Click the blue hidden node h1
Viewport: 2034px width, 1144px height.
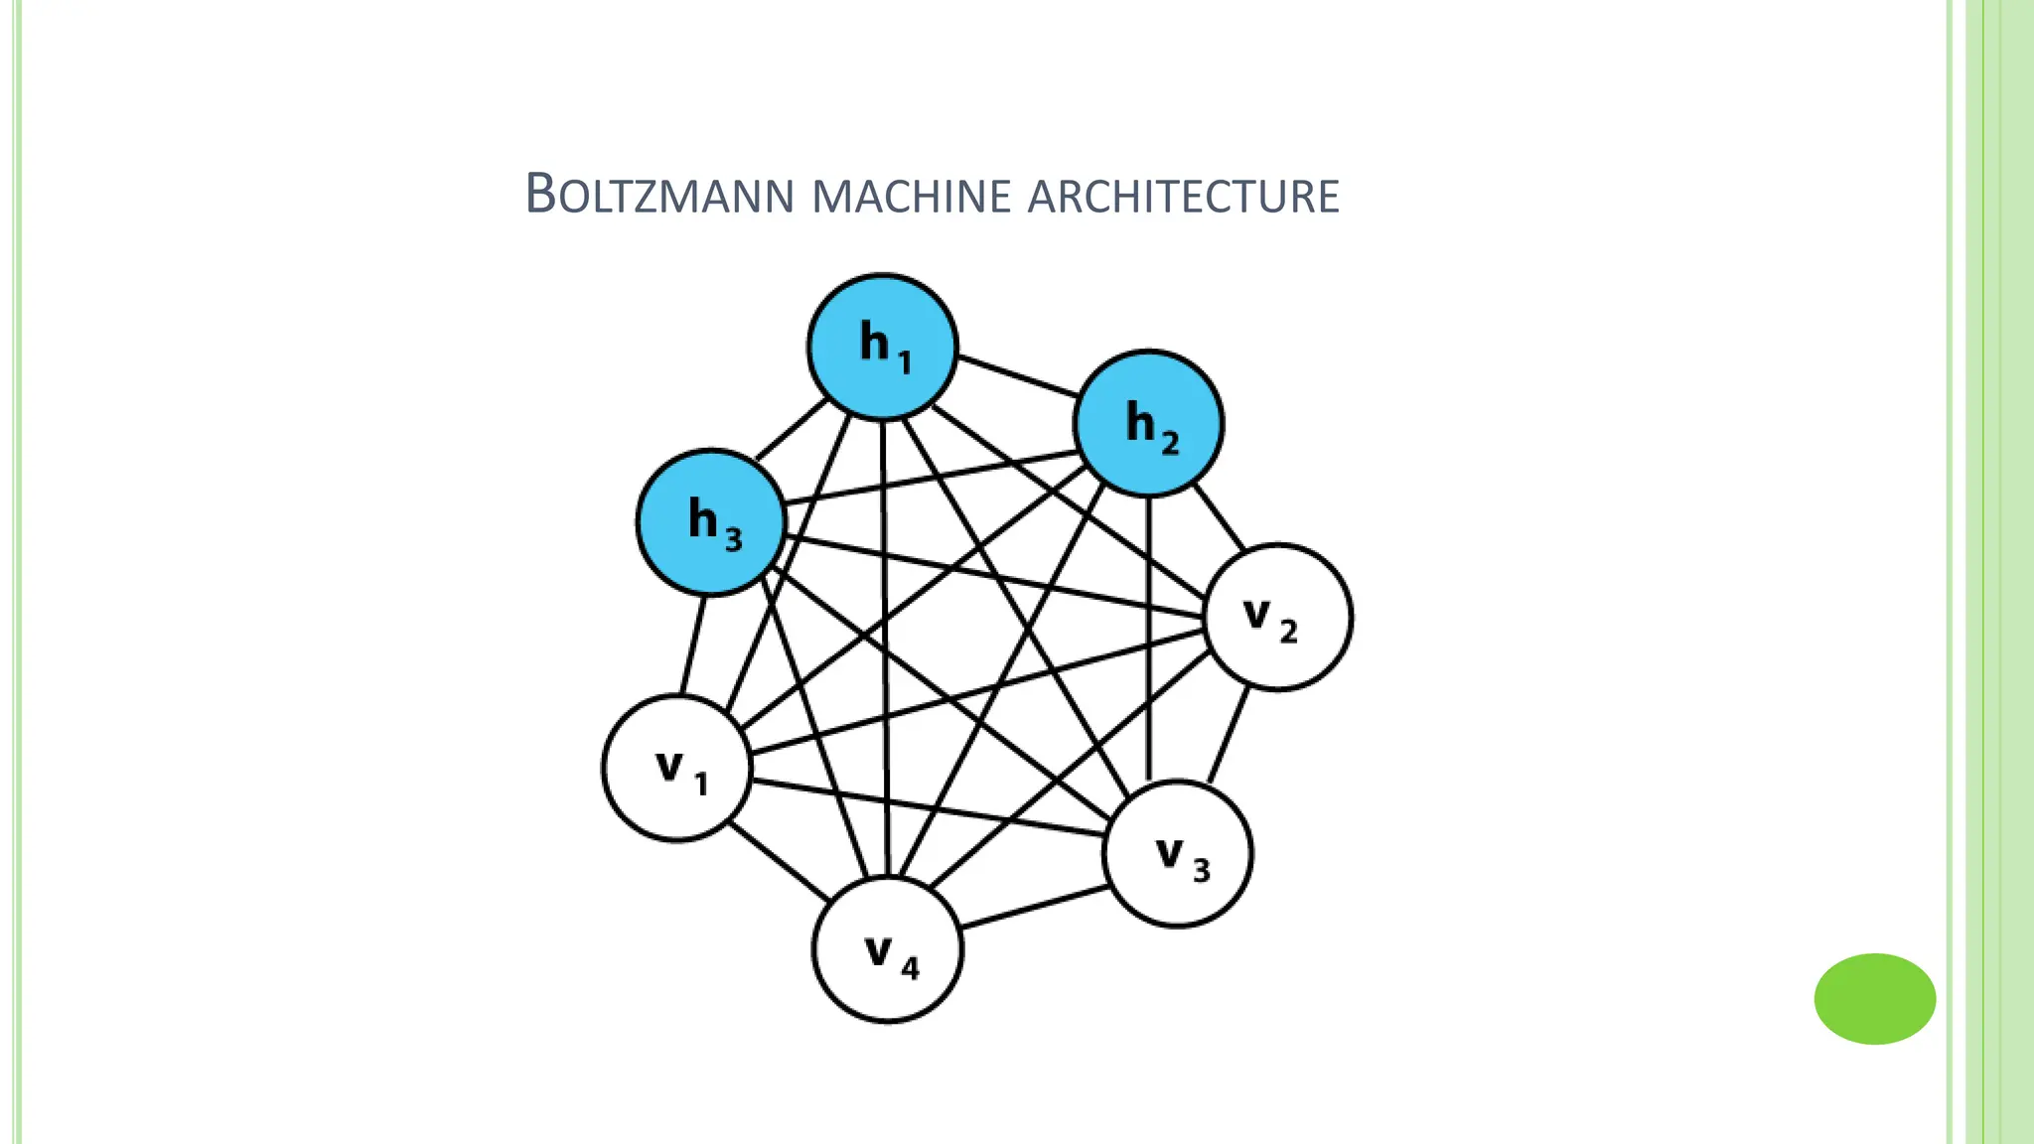coord(882,347)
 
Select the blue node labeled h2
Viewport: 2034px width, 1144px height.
coord(1148,423)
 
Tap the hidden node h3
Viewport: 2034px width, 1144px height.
coord(711,522)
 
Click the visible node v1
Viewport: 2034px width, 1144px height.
coord(676,769)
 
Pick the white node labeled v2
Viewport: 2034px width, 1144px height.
coord(1278,617)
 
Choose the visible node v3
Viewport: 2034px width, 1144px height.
coord(1178,854)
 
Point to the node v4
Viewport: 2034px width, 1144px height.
coord(888,950)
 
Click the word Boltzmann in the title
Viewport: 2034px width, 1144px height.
coord(659,195)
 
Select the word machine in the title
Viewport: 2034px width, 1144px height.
coord(910,197)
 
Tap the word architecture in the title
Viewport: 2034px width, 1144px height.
coord(1183,197)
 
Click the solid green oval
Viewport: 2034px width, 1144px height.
coord(1874,999)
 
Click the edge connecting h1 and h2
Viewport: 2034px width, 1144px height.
coord(1017,377)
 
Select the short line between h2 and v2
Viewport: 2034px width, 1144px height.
coord(1218,515)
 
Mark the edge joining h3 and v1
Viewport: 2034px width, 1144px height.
coord(693,644)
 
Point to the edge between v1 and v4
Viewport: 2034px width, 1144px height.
coord(780,862)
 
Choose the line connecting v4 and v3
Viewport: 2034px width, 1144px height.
coord(1034,908)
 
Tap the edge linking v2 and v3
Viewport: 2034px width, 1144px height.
coord(1229,735)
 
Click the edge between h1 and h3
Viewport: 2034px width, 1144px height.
coord(792,430)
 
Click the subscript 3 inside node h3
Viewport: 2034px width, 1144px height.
coord(733,539)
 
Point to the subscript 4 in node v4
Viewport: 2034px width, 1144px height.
coord(910,967)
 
